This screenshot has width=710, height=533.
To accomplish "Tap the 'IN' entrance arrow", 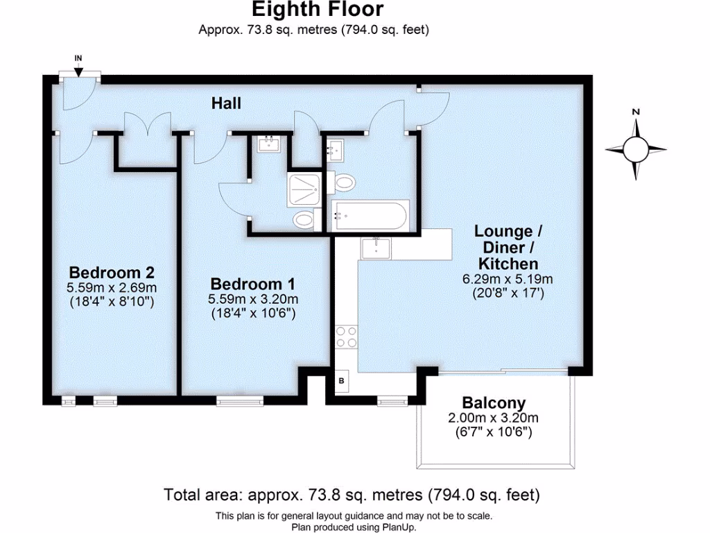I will coord(78,68).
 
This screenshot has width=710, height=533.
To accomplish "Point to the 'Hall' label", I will coord(227,103).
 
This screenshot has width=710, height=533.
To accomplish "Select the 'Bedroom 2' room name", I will coord(111,271).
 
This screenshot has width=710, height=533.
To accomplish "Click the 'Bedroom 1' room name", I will coord(253,284).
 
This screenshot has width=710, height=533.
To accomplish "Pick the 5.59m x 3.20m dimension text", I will coord(253,299).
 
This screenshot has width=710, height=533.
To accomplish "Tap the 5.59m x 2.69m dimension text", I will coord(111,287).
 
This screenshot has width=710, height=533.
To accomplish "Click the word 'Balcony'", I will coord(494,403).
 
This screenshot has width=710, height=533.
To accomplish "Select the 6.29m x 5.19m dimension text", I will coord(508,279).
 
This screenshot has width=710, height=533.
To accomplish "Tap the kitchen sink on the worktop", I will coord(376,248).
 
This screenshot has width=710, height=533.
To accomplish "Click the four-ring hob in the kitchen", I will coord(346,337).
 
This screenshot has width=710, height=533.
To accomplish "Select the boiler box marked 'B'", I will coord(342,381).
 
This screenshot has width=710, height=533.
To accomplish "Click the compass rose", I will coord(636,149).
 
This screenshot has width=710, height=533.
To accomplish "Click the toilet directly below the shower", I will coord(304,221).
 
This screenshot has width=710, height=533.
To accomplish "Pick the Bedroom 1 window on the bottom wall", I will coord(240,400).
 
